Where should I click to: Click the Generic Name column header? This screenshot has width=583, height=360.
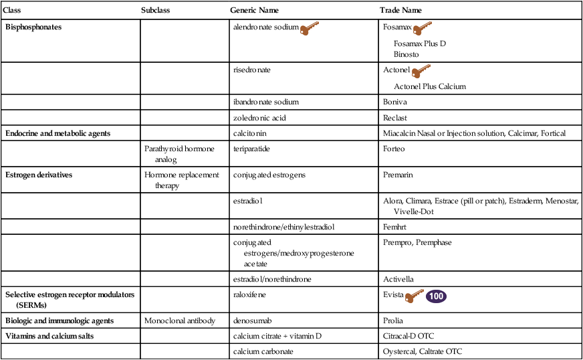[254, 11]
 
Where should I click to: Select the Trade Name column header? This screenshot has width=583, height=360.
[400, 11]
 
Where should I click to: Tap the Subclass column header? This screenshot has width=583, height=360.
[158, 11]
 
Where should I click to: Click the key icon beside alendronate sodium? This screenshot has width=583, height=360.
[310, 28]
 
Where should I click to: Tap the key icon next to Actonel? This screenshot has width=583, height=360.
[421, 71]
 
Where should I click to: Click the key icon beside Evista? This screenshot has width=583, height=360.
[415, 296]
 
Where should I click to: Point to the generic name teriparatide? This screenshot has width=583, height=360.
[251, 149]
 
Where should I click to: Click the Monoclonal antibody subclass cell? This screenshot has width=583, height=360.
[180, 321]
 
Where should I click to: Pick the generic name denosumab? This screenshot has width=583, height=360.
[250, 321]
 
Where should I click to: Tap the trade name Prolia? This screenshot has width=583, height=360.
[393, 321]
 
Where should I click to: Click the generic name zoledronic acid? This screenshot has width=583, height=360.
[259, 118]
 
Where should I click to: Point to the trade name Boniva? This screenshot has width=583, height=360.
[395, 102]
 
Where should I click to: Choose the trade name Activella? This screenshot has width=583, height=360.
[399, 278]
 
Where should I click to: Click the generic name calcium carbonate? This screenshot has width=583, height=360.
[263, 351]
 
